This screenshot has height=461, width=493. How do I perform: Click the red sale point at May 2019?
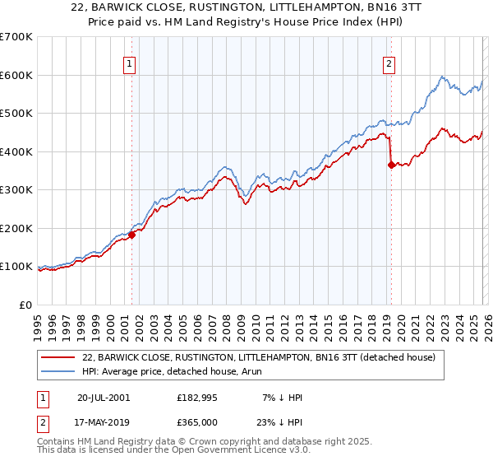pyautogui.click(x=390, y=165)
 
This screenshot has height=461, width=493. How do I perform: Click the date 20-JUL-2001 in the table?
pyautogui.click(x=103, y=397)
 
